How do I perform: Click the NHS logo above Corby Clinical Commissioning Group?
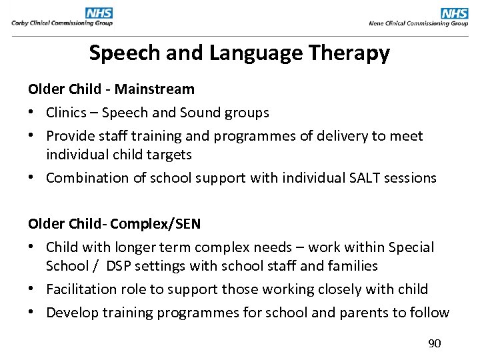click(x=99, y=13)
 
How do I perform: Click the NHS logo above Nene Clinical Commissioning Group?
click(x=455, y=13)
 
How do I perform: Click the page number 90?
click(x=434, y=343)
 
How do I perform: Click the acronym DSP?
click(x=117, y=266)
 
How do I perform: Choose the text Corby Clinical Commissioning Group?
click(x=62, y=23)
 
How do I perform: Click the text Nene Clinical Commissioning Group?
click(x=419, y=23)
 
